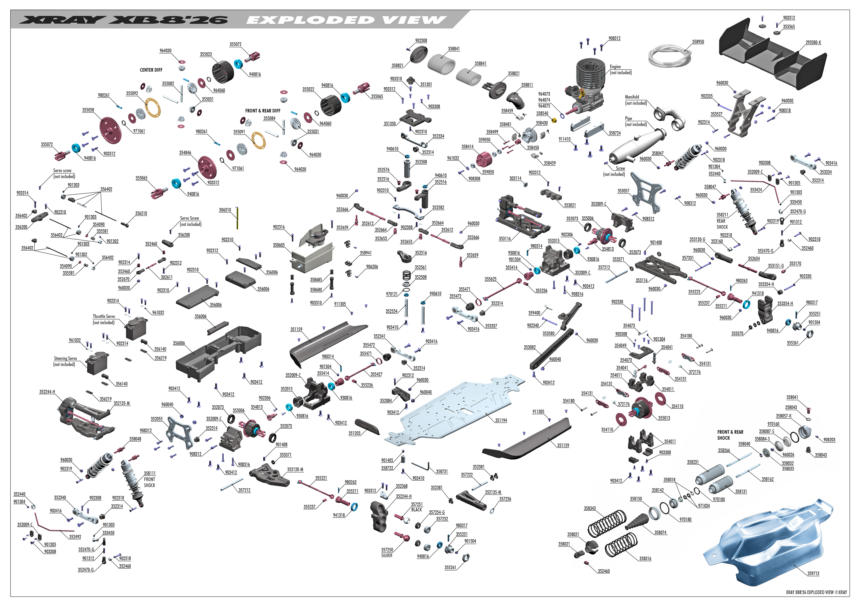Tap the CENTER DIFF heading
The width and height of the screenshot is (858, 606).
click(x=151, y=70)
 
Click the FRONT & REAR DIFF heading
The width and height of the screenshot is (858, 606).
click(x=263, y=111)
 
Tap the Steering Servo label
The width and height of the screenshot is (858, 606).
click(x=65, y=358)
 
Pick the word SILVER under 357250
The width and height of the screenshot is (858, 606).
click(x=387, y=556)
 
